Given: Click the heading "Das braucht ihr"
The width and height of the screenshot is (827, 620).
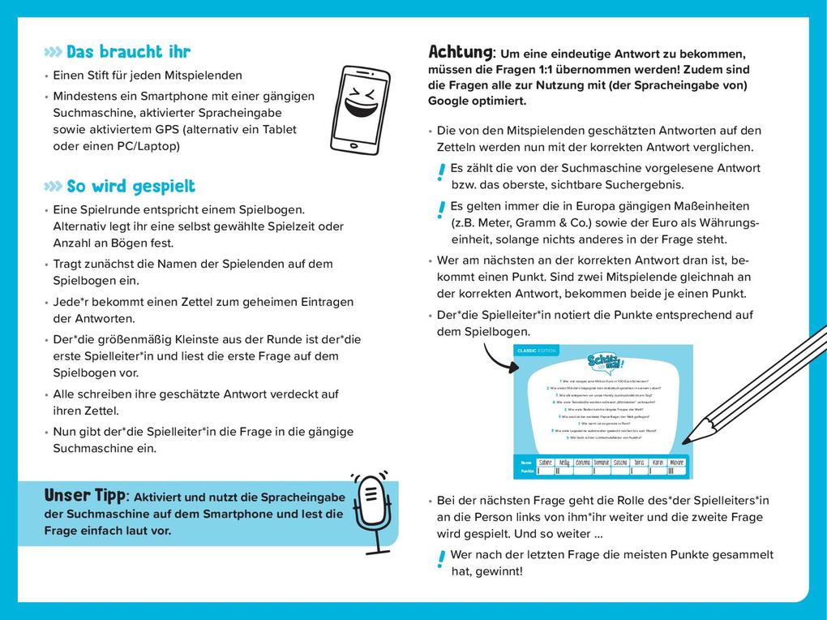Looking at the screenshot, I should click(x=128, y=52).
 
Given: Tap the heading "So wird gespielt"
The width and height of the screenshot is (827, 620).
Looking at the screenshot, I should click(x=131, y=187).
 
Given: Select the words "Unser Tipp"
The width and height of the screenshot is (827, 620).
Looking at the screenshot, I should click(x=84, y=495).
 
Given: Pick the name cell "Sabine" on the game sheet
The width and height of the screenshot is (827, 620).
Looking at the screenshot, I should click(x=550, y=462).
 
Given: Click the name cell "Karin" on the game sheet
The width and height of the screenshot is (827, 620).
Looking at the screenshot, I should click(x=658, y=462).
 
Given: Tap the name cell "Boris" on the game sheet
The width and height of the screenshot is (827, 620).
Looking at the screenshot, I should click(x=640, y=462).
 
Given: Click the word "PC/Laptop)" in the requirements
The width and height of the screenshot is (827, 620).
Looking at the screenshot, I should click(x=150, y=146).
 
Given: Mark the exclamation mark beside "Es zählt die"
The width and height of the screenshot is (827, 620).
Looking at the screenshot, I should click(x=440, y=172).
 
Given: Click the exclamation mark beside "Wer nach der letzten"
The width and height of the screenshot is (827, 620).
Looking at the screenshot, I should click(x=440, y=558).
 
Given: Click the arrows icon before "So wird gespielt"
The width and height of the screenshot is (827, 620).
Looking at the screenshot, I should click(x=54, y=187).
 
